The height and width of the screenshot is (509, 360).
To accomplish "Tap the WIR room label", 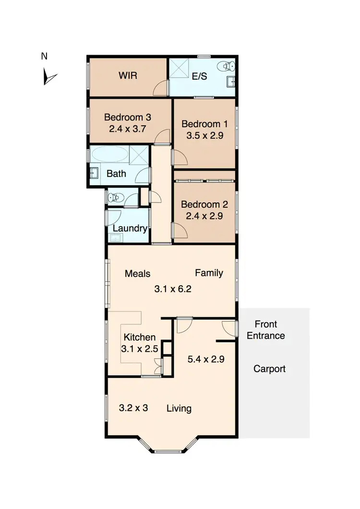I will (128, 76).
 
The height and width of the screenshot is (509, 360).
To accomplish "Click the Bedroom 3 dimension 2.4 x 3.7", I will (124, 129).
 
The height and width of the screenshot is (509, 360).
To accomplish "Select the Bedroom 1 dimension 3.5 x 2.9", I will (205, 135).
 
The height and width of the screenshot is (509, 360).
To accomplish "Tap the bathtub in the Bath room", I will (110, 155).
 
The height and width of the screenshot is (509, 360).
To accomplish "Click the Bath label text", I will (116, 173).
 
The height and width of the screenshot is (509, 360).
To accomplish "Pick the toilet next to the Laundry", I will (115, 197).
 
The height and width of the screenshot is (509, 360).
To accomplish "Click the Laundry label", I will (130, 228).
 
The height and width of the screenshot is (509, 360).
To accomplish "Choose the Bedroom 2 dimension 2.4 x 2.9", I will (204, 216).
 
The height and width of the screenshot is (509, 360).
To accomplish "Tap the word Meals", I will (137, 273).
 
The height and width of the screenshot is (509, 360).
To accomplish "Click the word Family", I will (209, 273).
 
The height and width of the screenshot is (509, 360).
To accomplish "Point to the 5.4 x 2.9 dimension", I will (206, 358).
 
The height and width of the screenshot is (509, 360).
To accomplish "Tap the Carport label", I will (269, 369).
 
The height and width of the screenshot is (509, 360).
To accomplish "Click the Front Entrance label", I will (266, 330).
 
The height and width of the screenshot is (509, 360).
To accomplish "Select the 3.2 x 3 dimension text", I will (133, 408).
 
